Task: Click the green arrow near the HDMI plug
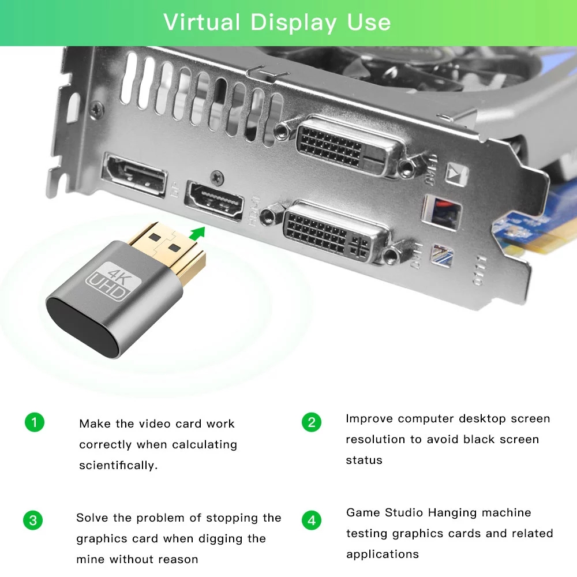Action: pos(198,233)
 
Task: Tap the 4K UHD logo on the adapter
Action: pos(106,280)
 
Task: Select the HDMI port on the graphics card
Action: pos(213,201)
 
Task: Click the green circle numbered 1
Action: pos(34,422)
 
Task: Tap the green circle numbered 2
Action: pos(312,422)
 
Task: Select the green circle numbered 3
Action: pos(33,520)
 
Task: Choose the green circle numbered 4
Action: pos(312,520)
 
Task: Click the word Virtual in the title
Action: pos(201,23)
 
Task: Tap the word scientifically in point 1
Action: pos(118,466)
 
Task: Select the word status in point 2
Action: pos(364,460)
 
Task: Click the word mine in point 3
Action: pos(91,559)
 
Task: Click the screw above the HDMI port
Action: pos(217,175)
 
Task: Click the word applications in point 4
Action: pos(383,554)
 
